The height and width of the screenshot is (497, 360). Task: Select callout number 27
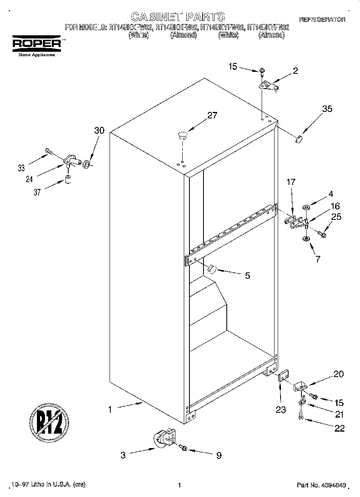pos(212,116)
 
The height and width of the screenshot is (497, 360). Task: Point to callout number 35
pos(327,109)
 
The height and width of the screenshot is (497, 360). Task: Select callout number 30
pos(99,130)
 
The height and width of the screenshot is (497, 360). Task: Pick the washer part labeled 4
pos(307,208)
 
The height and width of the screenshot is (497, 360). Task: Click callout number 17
pos(291,182)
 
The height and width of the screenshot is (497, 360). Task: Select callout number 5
pos(247,276)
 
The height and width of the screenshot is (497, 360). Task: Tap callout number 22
pos(339,428)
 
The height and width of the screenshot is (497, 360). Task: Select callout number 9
pos(218,455)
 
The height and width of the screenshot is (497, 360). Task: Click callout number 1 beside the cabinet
pos(109,410)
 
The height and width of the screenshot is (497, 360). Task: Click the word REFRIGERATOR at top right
pos(322,19)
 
